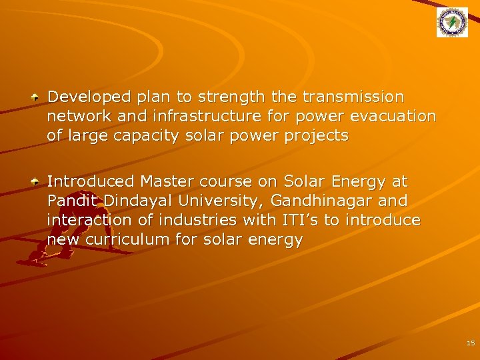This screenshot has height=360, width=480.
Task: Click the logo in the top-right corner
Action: click(452, 23)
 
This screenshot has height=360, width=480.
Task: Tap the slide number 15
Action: click(471, 343)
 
